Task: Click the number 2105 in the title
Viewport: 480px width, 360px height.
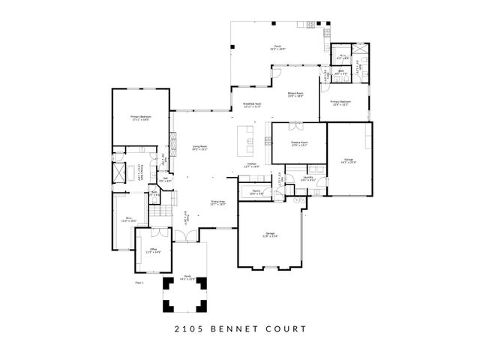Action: coord(189,328)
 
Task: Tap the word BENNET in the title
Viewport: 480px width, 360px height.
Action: coord(232,328)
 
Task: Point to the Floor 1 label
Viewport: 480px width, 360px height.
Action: coord(139,283)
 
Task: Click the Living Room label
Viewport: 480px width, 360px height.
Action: coord(199,148)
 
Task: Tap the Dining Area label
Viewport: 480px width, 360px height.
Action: coord(218,202)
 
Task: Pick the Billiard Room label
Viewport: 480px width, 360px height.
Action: coord(295,94)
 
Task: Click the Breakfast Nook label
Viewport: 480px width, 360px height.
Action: coord(251,106)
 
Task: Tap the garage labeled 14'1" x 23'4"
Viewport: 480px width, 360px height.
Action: coord(349,161)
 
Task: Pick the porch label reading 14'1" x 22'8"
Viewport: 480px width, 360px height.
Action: coord(187,278)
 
